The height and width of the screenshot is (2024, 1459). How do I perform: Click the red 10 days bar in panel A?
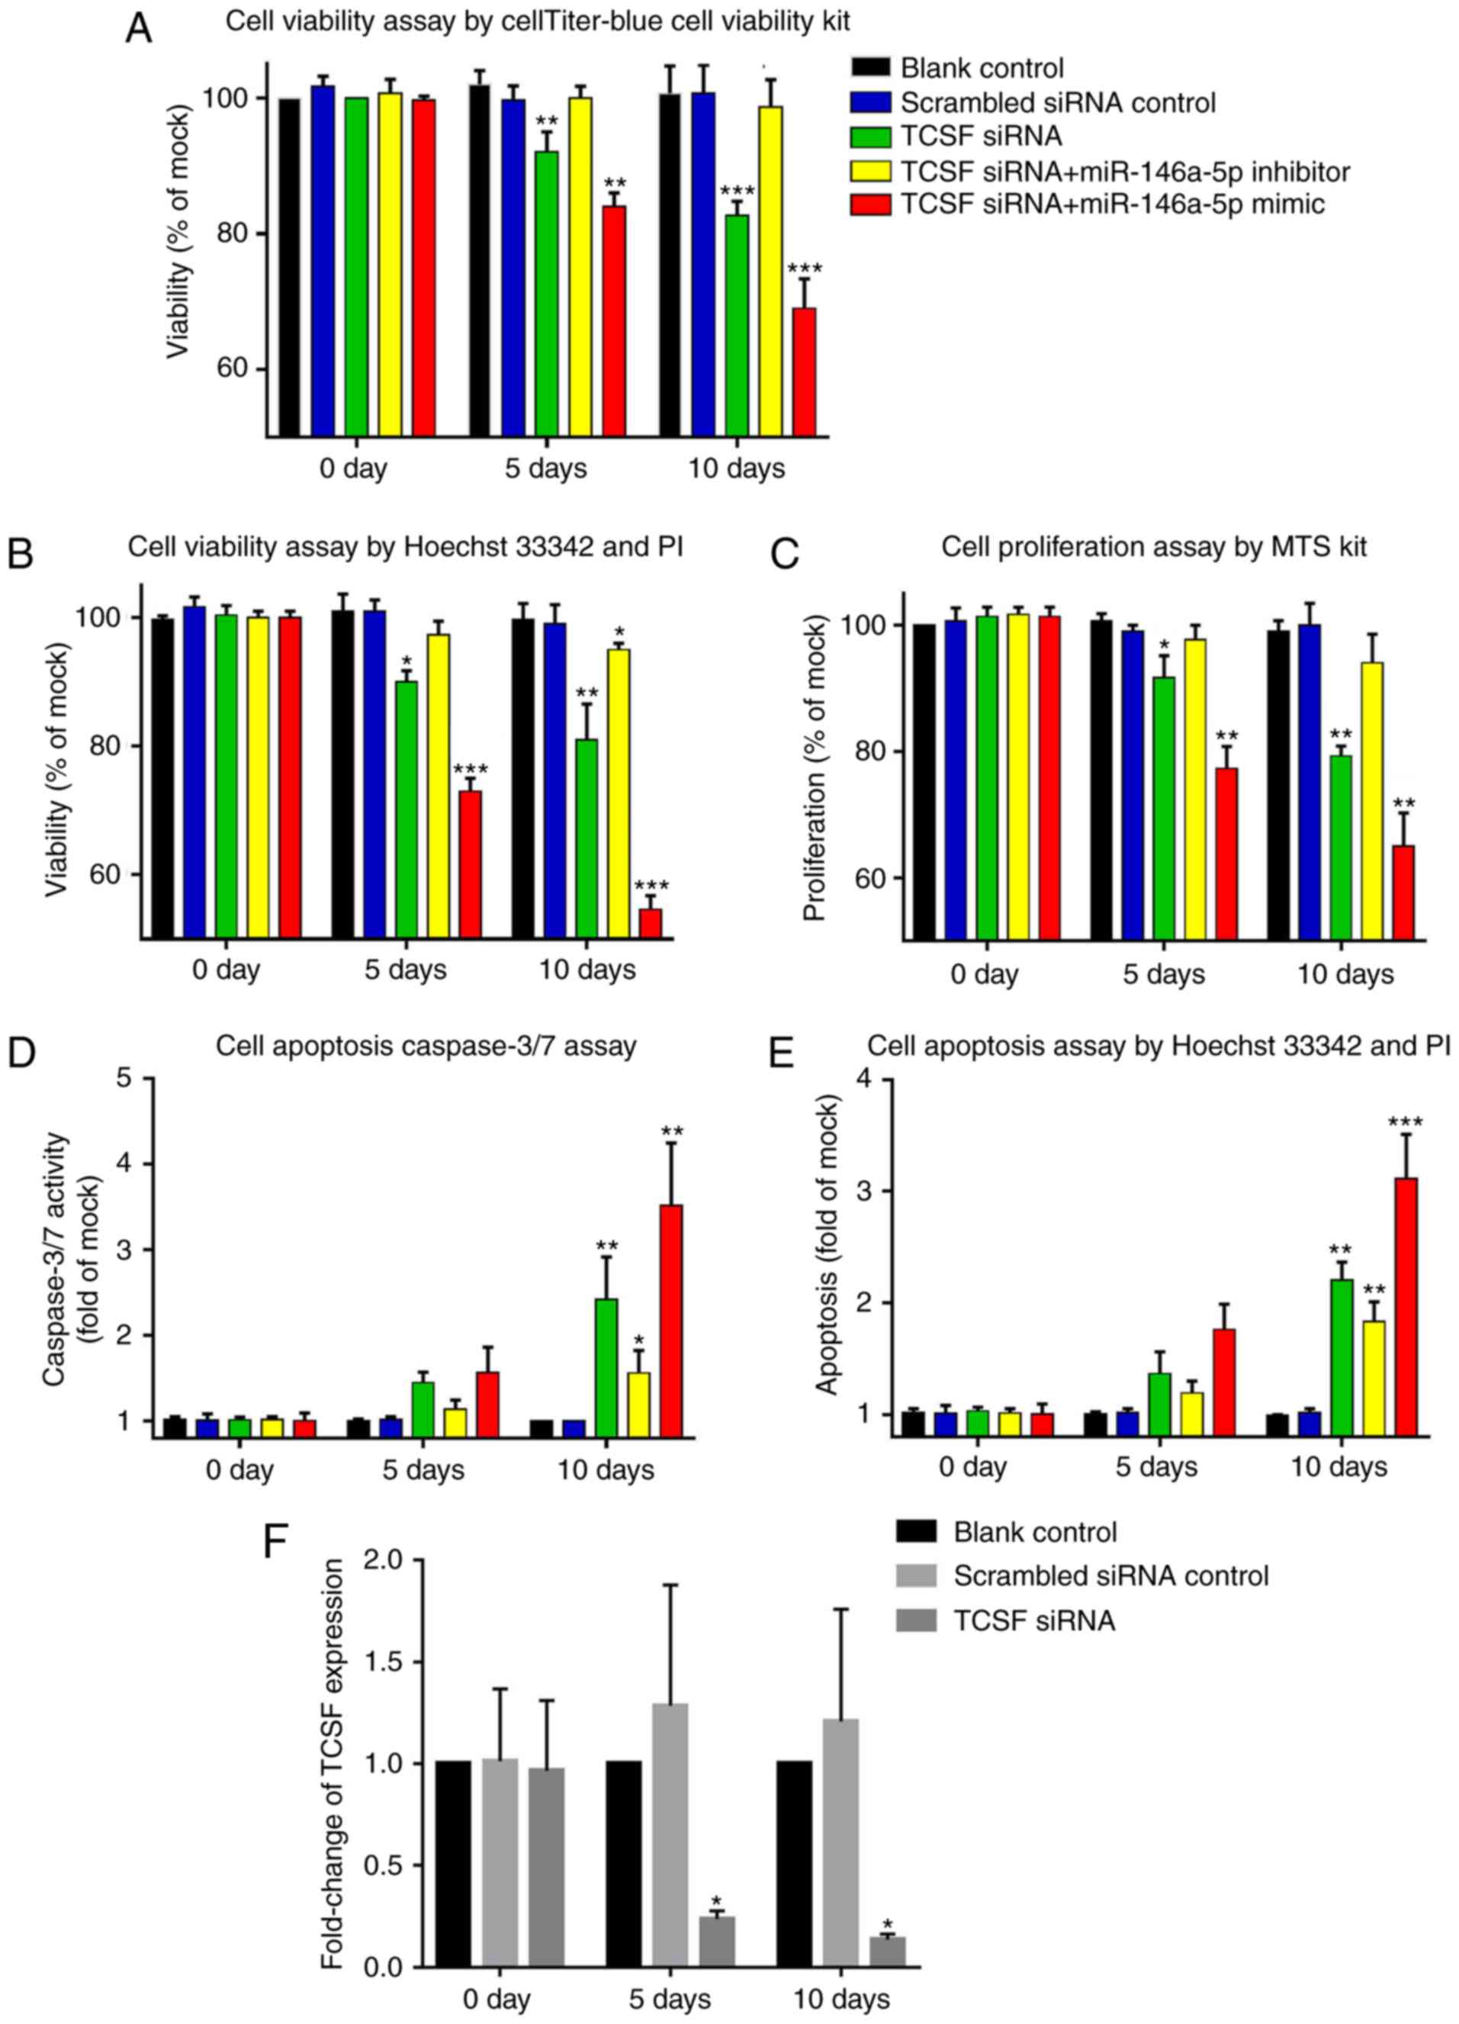click(x=804, y=372)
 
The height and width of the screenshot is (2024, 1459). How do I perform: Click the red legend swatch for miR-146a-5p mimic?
click(x=871, y=204)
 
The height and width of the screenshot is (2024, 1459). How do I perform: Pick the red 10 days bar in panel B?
click(x=651, y=923)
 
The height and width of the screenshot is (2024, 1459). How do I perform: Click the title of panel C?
click(x=1153, y=547)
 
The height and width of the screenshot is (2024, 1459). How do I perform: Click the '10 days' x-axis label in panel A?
click(x=736, y=468)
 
